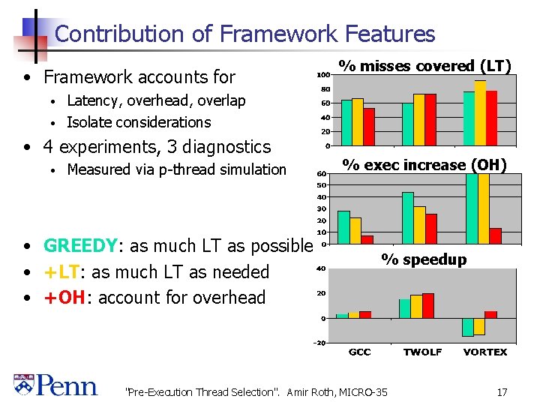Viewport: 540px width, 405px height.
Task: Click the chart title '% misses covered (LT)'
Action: [x=424, y=66]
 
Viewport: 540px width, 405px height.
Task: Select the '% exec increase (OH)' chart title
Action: [x=424, y=164]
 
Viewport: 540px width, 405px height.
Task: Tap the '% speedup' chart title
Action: [x=424, y=259]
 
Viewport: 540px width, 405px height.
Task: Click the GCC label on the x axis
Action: [x=359, y=352]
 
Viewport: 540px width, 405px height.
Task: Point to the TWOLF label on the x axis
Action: [x=422, y=352]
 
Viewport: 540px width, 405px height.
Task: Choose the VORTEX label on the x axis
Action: [x=485, y=352]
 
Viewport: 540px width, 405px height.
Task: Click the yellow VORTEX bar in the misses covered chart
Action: [x=480, y=112]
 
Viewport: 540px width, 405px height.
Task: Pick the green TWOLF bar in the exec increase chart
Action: [x=408, y=217]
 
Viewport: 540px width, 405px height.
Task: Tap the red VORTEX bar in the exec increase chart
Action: [x=495, y=235]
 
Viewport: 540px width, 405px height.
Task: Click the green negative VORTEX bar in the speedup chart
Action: [x=468, y=327]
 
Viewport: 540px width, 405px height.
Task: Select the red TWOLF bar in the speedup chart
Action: [x=428, y=305]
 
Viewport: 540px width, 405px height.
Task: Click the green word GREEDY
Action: [x=79, y=246]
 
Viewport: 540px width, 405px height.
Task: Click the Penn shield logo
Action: [x=23, y=385]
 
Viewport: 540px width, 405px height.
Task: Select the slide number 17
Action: [x=502, y=391]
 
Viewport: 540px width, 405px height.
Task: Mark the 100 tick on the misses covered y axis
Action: [x=322, y=75]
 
